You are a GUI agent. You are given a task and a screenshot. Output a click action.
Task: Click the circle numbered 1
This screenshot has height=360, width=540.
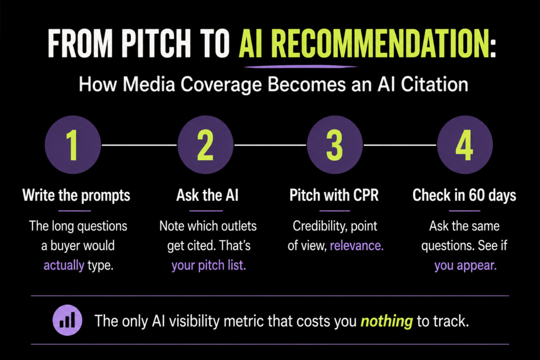click(73, 145)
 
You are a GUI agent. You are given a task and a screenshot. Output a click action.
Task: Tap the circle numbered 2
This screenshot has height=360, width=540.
click(205, 145)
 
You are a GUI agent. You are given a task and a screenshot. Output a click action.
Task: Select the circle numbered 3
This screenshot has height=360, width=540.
click(335, 145)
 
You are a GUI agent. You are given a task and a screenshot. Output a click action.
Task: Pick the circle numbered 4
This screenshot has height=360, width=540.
click(465, 145)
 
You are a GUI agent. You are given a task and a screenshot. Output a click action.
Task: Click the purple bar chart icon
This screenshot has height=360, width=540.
click(67, 320)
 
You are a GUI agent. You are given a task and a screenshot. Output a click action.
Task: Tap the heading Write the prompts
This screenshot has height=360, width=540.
click(76, 195)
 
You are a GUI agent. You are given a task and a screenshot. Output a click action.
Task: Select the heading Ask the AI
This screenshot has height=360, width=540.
click(207, 195)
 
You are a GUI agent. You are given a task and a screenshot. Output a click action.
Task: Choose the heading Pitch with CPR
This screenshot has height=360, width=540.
click(334, 195)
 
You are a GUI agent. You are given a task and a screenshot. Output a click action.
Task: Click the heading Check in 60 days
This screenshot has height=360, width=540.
click(464, 195)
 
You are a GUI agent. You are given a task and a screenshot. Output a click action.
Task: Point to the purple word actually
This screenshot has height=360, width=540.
click(64, 265)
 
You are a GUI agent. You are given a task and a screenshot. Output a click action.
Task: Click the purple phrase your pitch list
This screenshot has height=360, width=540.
click(209, 265)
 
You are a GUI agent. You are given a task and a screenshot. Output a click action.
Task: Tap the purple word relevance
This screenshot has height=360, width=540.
click(356, 246)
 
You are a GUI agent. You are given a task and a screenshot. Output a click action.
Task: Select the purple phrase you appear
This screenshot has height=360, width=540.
click(465, 265)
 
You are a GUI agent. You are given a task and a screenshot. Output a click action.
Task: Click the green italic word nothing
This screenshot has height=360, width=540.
click(387, 321)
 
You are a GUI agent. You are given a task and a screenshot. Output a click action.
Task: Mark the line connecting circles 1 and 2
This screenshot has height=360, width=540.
click(139, 145)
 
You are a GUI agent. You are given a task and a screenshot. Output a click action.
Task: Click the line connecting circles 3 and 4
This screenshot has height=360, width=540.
click(400, 145)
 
